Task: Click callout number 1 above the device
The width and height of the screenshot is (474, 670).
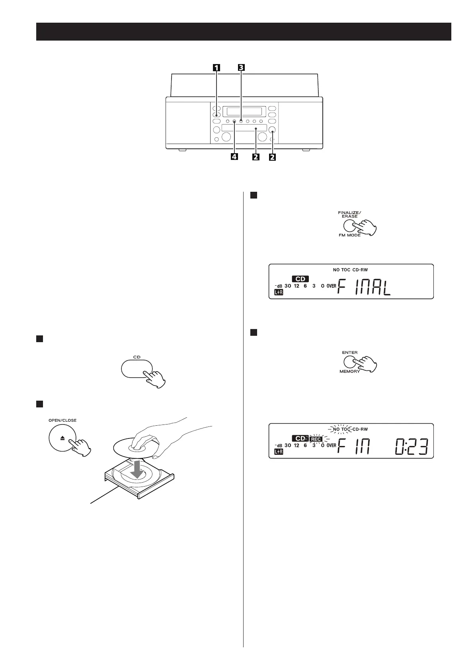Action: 216,68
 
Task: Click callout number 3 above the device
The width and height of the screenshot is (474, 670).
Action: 241,68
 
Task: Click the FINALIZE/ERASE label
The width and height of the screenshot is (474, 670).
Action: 350,214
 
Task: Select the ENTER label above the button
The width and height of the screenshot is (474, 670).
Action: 350,352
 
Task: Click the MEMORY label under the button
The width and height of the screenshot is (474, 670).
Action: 350,372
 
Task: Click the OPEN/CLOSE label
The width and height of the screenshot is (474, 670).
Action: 62,420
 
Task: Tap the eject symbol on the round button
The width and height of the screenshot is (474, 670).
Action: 62,437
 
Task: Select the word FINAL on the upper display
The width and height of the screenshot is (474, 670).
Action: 364,286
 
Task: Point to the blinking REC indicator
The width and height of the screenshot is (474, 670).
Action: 316,439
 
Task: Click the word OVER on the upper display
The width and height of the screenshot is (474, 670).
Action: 331,286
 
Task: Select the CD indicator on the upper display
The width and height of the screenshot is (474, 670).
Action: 300,279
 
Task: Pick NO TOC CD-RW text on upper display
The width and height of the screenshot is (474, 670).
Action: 350,270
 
